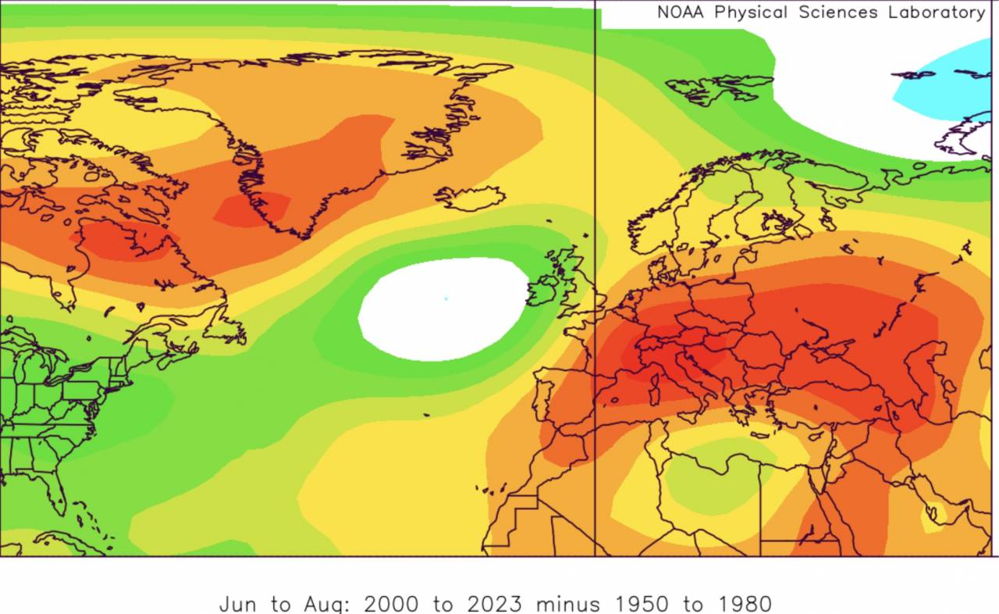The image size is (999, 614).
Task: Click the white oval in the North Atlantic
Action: pos(443,309)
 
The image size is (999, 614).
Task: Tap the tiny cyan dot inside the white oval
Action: pos(446,298)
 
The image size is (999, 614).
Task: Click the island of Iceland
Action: pos(470,198)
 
